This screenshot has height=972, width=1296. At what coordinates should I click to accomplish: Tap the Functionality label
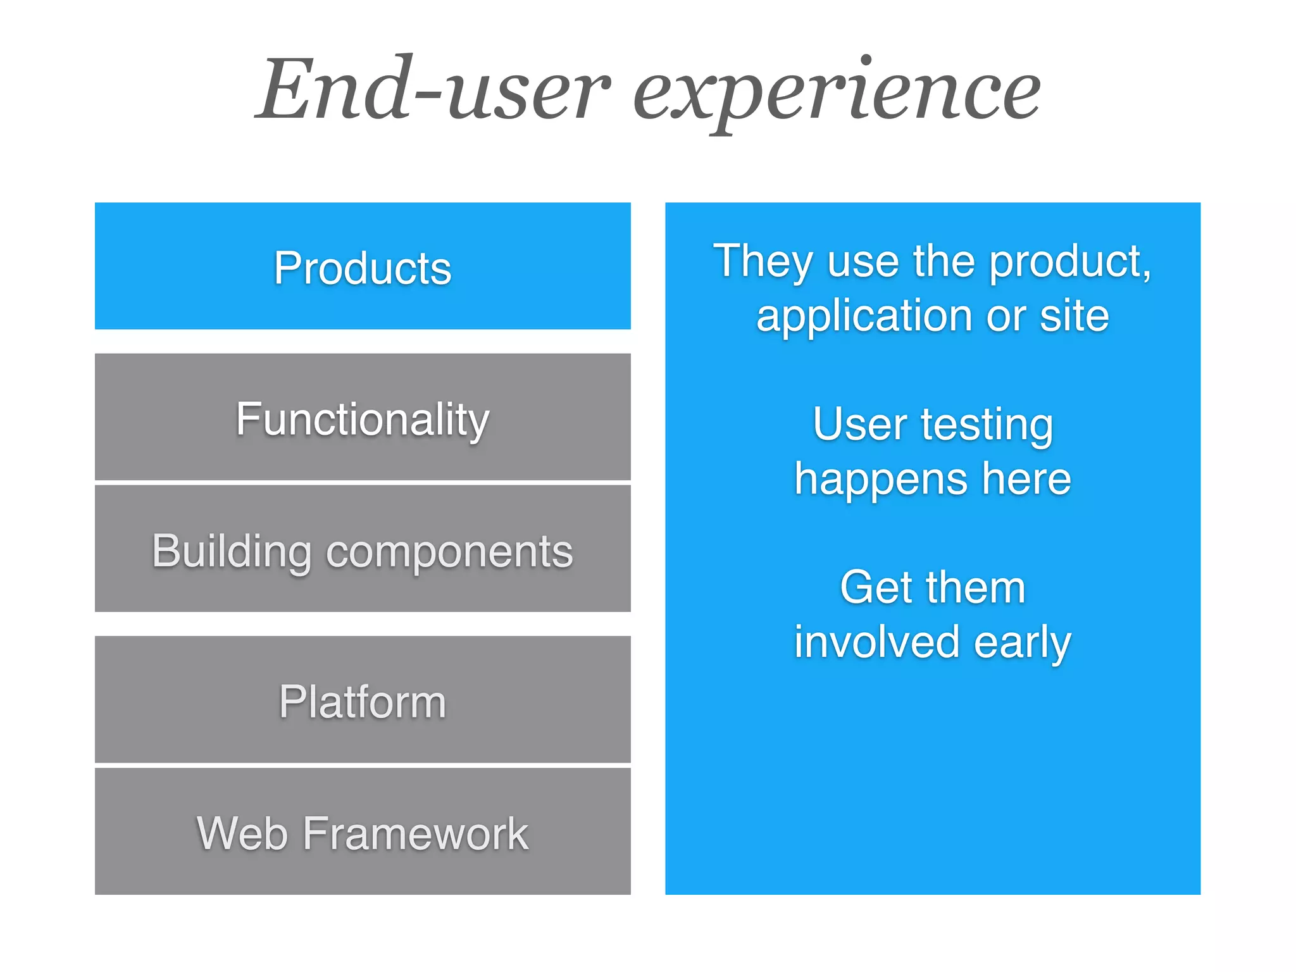pyautogui.click(x=363, y=420)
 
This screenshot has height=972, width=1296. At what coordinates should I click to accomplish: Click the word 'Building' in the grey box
pyautogui.click(x=232, y=551)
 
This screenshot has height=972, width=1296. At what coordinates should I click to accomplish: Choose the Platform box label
pyautogui.click(x=363, y=702)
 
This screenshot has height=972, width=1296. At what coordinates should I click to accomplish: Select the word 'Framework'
pyautogui.click(x=415, y=833)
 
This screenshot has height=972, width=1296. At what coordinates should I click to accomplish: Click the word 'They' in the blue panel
pyautogui.click(x=763, y=261)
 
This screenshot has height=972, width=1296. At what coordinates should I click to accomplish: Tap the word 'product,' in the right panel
pyautogui.click(x=1069, y=261)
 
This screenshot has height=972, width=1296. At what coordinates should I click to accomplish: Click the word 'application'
pyautogui.click(x=864, y=316)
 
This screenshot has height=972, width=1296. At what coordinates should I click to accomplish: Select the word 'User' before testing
pyautogui.click(x=860, y=424)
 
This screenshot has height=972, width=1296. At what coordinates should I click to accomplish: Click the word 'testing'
pyautogui.click(x=987, y=425)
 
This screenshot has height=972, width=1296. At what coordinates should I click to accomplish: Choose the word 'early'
pyautogui.click(x=1022, y=643)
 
